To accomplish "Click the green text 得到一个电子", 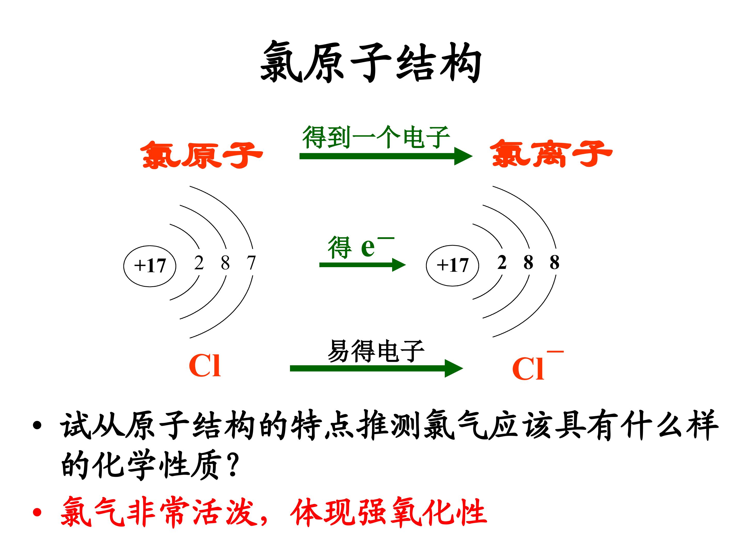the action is pyautogui.click(x=376, y=137).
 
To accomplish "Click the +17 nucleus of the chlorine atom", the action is pyautogui.click(x=150, y=266).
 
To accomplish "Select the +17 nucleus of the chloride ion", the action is pyautogui.click(x=453, y=266).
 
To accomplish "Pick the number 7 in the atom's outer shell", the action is pyautogui.click(x=251, y=263).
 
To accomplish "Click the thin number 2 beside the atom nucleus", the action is pyautogui.click(x=199, y=263).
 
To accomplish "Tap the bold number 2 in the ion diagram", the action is pyautogui.click(x=502, y=262).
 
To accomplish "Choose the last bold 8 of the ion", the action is pyautogui.click(x=555, y=262).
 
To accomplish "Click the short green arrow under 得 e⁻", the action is pyautogui.click(x=362, y=265).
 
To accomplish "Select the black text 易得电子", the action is pyautogui.click(x=376, y=351).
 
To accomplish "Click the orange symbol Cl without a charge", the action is pyautogui.click(x=205, y=366).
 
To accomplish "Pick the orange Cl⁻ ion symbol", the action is pyautogui.click(x=537, y=366).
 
